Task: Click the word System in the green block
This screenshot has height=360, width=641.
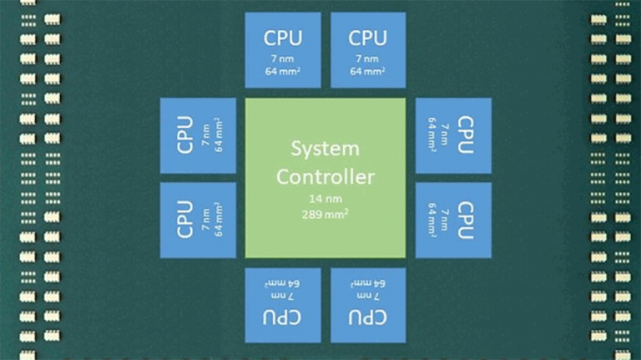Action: click(x=326, y=149)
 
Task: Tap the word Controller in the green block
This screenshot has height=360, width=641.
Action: click(x=326, y=177)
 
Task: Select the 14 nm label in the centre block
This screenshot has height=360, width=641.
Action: click(x=326, y=199)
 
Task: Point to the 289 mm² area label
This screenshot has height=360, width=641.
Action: click(x=326, y=214)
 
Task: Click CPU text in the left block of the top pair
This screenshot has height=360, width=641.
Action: click(x=283, y=38)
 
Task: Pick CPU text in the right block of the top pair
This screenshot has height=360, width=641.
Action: click(x=367, y=38)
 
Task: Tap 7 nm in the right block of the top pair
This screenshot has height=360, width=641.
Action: click(x=367, y=59)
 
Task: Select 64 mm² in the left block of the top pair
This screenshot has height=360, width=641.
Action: click(x=283, y=71)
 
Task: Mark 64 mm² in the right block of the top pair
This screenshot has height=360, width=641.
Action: click(x=367, y=71)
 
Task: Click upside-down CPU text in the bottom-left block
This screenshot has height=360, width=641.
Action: click(x=282, y=317)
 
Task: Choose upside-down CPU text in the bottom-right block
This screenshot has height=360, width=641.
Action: click(x=368, y=317)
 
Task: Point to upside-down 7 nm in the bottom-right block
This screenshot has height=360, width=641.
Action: click(x=368, y=296)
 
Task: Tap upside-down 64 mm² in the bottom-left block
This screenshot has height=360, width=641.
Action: click(x=282, y=283)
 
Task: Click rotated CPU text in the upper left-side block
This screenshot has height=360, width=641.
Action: click(x=185, y=135)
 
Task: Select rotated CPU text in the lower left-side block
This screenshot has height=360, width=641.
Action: click(x=185, y=220)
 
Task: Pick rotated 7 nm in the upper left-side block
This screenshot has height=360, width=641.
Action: click(x=206, y=135)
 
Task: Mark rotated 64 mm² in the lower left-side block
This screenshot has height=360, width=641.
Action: click(x=219, y=220)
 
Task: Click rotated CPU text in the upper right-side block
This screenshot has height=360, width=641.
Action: click(x=466, y=135)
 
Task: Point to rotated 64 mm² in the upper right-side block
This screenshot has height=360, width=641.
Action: click(x=432, y=135)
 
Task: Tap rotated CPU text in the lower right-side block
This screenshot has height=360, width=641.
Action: click(x=466, y=220)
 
